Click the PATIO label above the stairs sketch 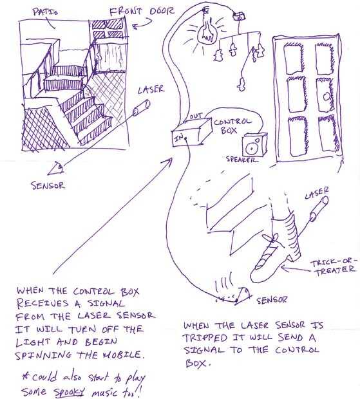point(45,12)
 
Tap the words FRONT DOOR point(142,12)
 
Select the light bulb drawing point(207,30)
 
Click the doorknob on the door point(326,97)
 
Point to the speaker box point(254,145)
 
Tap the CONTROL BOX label point(232,126)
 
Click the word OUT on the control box point(196,116)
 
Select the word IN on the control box point(179,138)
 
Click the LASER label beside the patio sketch point(151,89)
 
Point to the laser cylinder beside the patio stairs point(142,108)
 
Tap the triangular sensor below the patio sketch point(56,169)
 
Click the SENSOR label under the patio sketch point(48,185)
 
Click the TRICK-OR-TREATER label point(334,266)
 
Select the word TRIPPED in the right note point(205,338)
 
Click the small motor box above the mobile point(240,17)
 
